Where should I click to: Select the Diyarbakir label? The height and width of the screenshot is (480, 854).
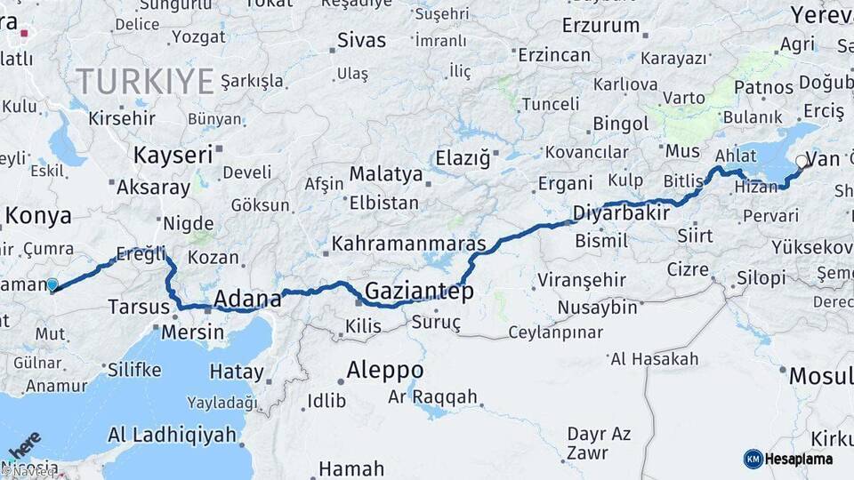click(x=622, y=214)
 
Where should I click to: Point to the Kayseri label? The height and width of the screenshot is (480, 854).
click(x=173, y=155)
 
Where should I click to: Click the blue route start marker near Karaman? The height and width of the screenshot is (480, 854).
click(x=52, y=285)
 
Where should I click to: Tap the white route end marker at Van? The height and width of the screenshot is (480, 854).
click(x=801, y=162)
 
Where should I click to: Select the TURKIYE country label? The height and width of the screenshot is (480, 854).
click(x=144, y=82)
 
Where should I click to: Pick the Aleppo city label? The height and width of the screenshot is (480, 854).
click(x=385, y=369)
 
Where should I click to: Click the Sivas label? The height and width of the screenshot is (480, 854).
click(x=362, y=40)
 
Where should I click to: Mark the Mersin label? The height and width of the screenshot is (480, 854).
click(x=193, y=332)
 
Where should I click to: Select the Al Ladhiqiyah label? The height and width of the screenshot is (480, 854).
click(x=173, y=435)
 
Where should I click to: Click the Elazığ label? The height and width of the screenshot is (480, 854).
click(x=463, y=159)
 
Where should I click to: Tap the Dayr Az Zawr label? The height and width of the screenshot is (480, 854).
click(x=600, y=443)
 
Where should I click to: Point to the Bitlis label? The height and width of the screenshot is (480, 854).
click(x=683, y=181)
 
